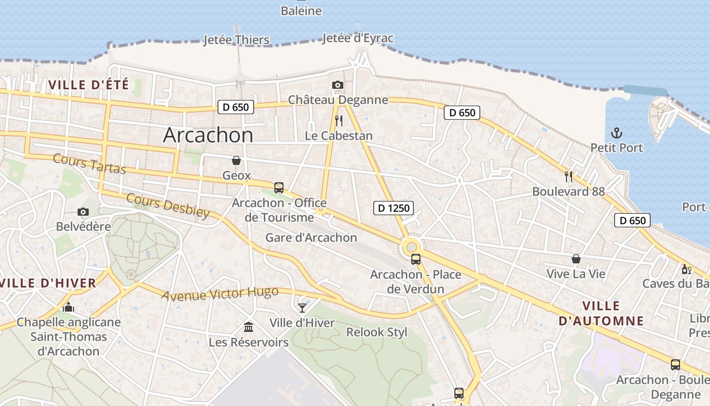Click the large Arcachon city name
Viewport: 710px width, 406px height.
pos(208,135)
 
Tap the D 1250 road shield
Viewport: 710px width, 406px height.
pos(394,208)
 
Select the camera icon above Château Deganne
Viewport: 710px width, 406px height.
pos(338,85)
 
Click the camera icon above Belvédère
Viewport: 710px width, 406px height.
pos(83,212)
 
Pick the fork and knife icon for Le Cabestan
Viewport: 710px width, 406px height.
pos(339,121)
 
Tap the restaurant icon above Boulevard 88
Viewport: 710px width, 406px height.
pos(569,177)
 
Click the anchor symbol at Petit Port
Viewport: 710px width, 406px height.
pos(617,133)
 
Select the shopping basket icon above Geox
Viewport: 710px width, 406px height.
pos(236,160)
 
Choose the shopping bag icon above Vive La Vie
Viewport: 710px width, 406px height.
pos(576,259)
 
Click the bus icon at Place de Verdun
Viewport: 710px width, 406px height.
pos(416,259)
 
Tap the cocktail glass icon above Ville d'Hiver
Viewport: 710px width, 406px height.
pos(302,308)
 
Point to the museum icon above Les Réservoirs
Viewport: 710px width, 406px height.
pos(248,326)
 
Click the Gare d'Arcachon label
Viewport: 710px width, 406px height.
pos(311,238)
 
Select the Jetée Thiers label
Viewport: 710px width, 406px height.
pos(236,40)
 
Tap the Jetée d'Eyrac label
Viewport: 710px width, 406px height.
pos(358,38)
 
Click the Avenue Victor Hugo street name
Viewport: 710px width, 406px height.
pos(220,293)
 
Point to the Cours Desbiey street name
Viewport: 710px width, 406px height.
pos(168,206)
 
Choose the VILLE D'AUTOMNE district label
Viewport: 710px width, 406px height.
pos(601,313)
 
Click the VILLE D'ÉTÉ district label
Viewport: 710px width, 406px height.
pos(89,85)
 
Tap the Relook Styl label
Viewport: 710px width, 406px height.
pos(376,332)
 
